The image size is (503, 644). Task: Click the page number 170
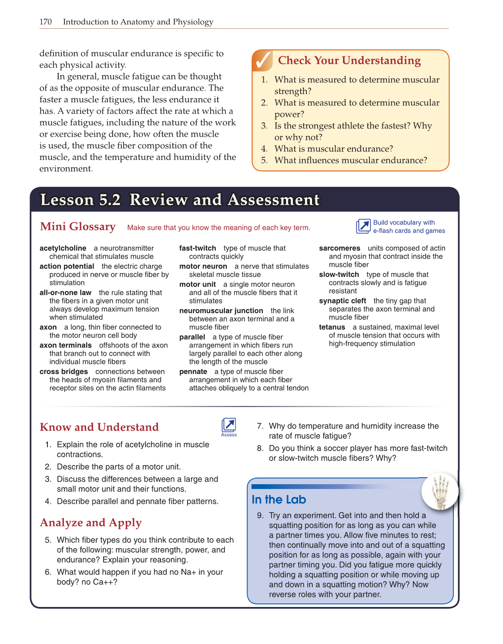[46, 22]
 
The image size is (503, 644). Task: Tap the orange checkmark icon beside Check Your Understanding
[262, 61]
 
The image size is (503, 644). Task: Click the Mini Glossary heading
[77, 227]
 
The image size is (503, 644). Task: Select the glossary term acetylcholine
[63, 248]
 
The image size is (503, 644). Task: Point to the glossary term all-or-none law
[65, 293]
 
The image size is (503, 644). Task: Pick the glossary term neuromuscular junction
[221, 311]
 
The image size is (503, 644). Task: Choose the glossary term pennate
[193, 371]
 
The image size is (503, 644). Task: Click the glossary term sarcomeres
[339, 248]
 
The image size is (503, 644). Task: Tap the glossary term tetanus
[332, 327]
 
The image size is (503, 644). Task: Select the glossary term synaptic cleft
[342, 301]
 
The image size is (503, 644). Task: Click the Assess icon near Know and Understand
[229, 425]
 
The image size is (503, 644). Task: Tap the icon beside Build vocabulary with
[363, 226]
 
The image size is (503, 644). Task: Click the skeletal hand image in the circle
[440, 491]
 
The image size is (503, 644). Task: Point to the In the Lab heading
[278, 499]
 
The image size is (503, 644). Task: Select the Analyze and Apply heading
[91, 523]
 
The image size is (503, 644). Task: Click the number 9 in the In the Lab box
[260, 516]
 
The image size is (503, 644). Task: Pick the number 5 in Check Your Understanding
[264, 160]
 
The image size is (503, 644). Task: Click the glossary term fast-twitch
[198, 248]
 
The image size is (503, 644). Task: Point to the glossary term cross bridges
[64, 371]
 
